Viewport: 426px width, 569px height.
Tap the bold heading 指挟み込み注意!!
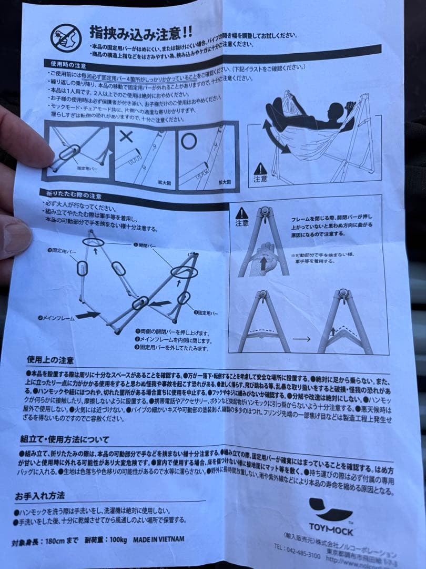[x=140, y=33]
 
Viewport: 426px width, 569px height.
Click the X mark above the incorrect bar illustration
[x=126, y=136]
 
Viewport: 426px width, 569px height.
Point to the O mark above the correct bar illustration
[x=189, y=140]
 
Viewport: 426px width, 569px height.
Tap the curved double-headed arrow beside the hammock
[x=273, y=136]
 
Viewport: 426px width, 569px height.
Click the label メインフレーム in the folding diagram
[x=55, y=318]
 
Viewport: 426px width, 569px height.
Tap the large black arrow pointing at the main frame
[x=87, y=315]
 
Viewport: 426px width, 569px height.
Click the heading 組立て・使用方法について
[x=64, y=439]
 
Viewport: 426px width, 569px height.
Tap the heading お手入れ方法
[x=39, y=496]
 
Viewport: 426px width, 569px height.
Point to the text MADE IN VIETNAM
[x=158, y=539]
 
